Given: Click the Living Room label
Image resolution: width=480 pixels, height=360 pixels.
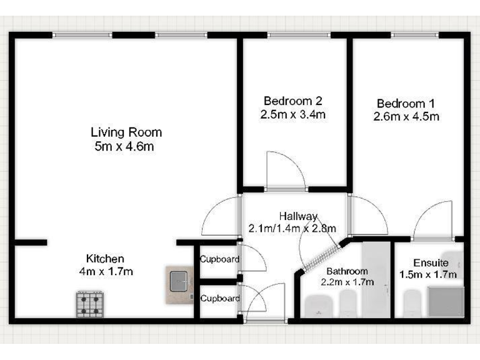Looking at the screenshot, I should (x=126, y=132).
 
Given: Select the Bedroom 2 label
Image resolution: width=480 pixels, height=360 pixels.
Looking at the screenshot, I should (x=293, y=101).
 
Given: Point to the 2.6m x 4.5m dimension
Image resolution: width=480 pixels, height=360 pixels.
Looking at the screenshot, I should (x=406, y=116).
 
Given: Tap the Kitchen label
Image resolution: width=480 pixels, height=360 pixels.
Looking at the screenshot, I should (x=105, y=258).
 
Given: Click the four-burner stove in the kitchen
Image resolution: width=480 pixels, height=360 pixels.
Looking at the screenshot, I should (x=90, y=304).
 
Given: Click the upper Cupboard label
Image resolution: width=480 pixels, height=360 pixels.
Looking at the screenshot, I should (x=217, y=259).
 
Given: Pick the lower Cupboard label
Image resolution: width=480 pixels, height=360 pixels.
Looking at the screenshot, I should (x=220, y=299).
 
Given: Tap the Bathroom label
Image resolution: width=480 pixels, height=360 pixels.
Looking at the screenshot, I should (x=347, y=271).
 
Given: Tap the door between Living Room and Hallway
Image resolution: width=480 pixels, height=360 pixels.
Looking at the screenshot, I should (x=222, y=216).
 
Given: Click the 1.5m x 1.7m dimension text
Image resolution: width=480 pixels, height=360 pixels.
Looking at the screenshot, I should (x=428, y=274).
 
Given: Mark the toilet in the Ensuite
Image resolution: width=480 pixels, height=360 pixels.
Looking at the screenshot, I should (x=412, y=306).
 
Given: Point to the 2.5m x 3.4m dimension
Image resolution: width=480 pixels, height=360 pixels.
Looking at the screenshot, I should (x=293, y=114).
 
